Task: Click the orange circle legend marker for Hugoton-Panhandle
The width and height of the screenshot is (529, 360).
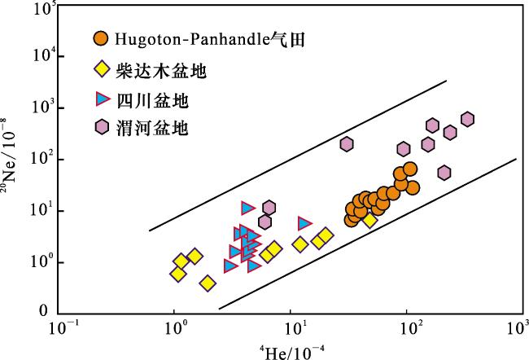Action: (x=101, y=39)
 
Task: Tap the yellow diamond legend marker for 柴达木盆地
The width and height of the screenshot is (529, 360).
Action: (x=101, y=69)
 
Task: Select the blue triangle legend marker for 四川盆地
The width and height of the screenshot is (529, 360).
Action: (x=103, y=99)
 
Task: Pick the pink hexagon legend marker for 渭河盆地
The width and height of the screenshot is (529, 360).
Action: (x=102, y=127)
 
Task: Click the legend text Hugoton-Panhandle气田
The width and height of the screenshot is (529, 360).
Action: (x=210, y=39)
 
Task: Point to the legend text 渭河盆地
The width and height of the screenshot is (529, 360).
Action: (x=152, y=129)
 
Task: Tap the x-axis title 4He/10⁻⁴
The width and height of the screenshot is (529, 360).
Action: (x=292, y=352)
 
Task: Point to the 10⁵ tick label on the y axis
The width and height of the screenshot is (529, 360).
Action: (x=44, y=9)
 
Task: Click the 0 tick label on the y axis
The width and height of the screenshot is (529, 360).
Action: (x=43, y=310)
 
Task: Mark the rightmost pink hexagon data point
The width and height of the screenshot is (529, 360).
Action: (x=467, y=119)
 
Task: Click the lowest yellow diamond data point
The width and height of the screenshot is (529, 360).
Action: (x=208, y=283)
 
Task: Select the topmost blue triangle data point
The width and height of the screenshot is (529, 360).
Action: (x=248, y=208)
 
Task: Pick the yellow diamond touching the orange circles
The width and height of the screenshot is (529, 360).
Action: (x=369, y=220)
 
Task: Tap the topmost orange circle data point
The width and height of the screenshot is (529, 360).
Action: (x=410, y=169)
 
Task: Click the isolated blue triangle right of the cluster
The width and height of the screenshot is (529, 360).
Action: (x=304, y=223)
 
